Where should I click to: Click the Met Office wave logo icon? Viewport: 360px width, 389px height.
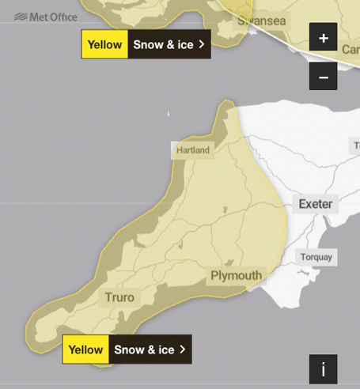21,17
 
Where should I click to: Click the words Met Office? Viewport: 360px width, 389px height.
54,17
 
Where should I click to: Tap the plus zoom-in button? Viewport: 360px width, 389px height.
323,38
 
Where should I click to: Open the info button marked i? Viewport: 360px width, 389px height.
323,368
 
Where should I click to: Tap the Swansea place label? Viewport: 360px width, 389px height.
262,21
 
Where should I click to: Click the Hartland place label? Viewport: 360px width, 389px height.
193,150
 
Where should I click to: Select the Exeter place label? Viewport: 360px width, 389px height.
316,204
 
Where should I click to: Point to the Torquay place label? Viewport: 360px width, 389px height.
316,257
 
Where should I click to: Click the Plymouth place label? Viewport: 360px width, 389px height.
236,275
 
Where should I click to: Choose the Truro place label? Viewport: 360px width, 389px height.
119,298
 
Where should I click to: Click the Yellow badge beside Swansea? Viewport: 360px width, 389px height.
104,44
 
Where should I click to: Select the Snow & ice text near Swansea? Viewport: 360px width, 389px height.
163,44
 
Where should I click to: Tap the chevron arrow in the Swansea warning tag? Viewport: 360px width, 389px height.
202,44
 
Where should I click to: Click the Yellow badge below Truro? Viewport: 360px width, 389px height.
85,349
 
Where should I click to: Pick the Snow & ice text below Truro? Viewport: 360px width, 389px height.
144,349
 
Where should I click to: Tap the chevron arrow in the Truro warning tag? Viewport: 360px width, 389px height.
183,349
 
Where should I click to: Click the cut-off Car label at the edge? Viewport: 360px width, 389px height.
351,49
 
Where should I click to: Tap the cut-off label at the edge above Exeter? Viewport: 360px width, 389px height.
355,146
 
